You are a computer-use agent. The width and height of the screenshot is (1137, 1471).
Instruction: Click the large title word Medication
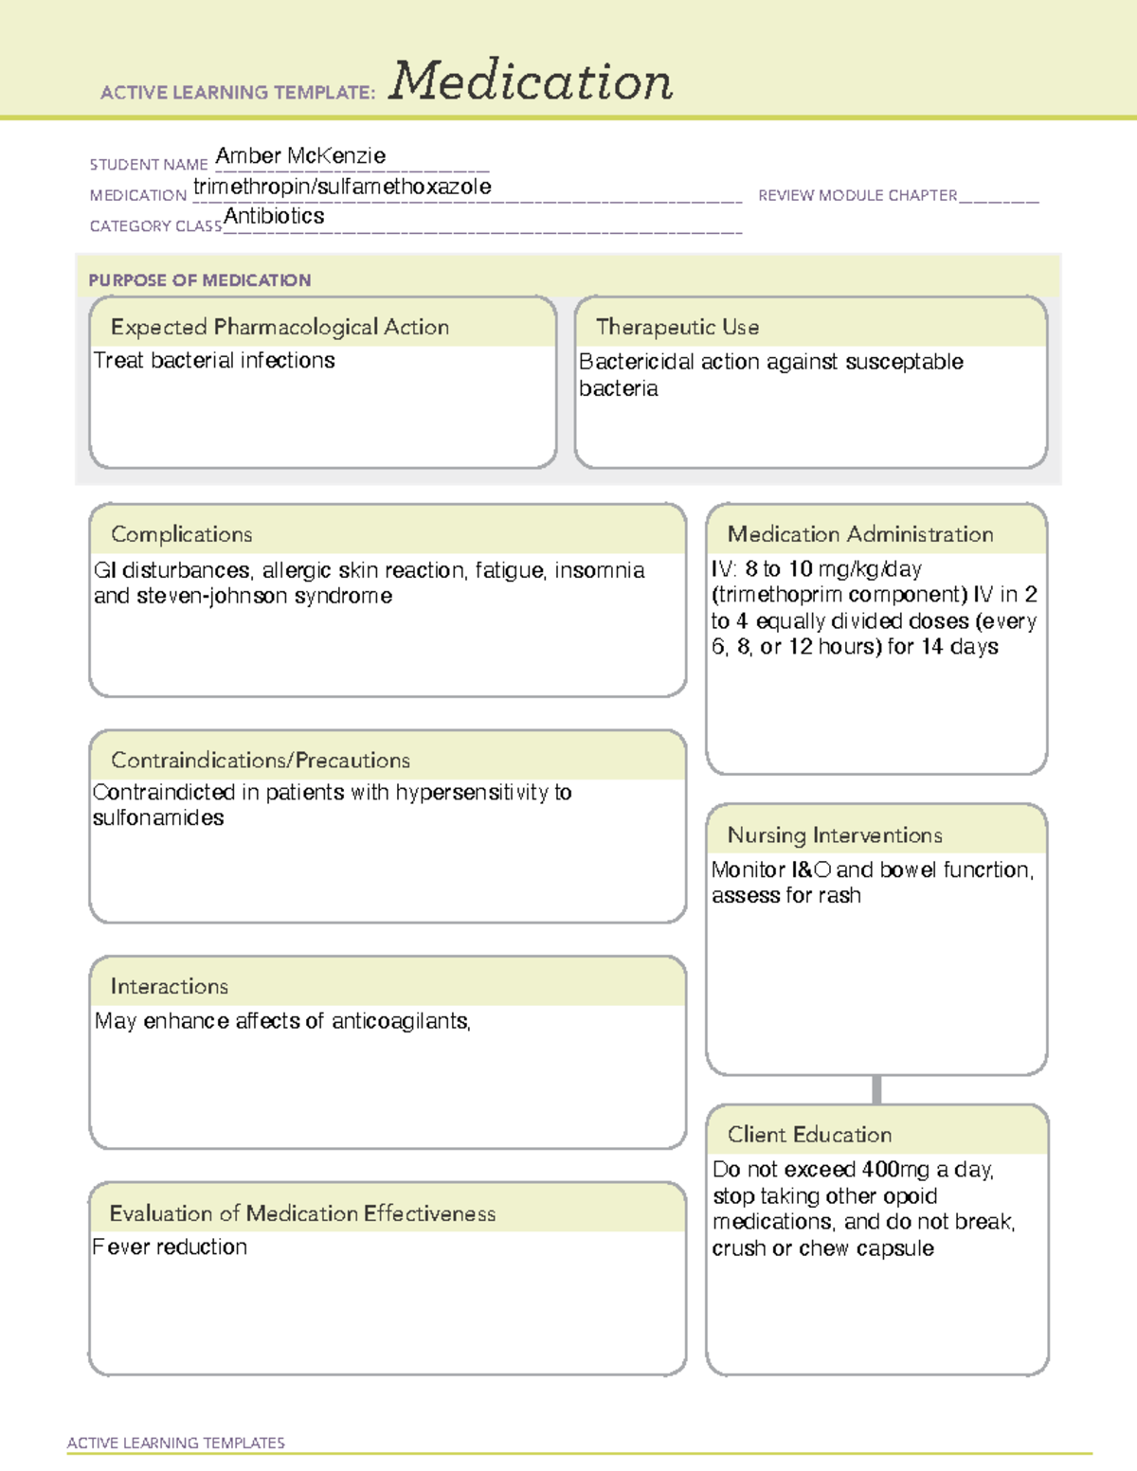pyautogui.click(x=531, y=81)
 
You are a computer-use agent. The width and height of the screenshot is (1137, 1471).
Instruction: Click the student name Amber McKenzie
pyautogui.click(x=300, y=155)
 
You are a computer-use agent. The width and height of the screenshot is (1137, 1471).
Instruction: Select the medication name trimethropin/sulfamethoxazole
pyautogui.click(x=342, y=187)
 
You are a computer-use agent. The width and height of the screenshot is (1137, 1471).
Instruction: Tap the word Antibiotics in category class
pyautogui.click(x=274, y=216)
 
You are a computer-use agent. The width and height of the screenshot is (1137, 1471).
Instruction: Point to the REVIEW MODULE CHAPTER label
pyautogui.click(x=857, y=195)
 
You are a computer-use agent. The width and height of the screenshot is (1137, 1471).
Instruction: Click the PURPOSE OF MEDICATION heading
pyautogui.click(x=200, y=280)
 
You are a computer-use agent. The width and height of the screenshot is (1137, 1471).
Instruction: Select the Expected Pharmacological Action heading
pyautogui.click(x=280, y=327)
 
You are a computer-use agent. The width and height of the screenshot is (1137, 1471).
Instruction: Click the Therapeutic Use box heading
pyautogui.click(x=677, y=327)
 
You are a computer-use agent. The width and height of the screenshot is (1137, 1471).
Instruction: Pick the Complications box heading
pyautogui.click(x=182, y=534)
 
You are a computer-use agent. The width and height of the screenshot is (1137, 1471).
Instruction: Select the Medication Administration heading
pyautogui.click(x=860, y=534)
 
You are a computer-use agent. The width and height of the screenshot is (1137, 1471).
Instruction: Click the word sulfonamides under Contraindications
pyautogui.click(x=158, y=817)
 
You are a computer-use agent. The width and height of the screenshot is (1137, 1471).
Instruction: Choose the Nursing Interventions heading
pyautogui.click(x=835, y=835)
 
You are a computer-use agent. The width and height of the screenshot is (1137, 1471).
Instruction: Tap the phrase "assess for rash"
pyautogui.click(x=786, y=896)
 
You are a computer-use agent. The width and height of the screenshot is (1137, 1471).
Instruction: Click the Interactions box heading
pyautogui.click(x=170, y=987)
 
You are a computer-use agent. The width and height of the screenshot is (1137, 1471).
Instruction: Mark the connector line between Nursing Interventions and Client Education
pyautogui.click(x=876, y=1089)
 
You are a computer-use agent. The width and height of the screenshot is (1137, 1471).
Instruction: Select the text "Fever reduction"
pyautogui.click(x=170, y=1247)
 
